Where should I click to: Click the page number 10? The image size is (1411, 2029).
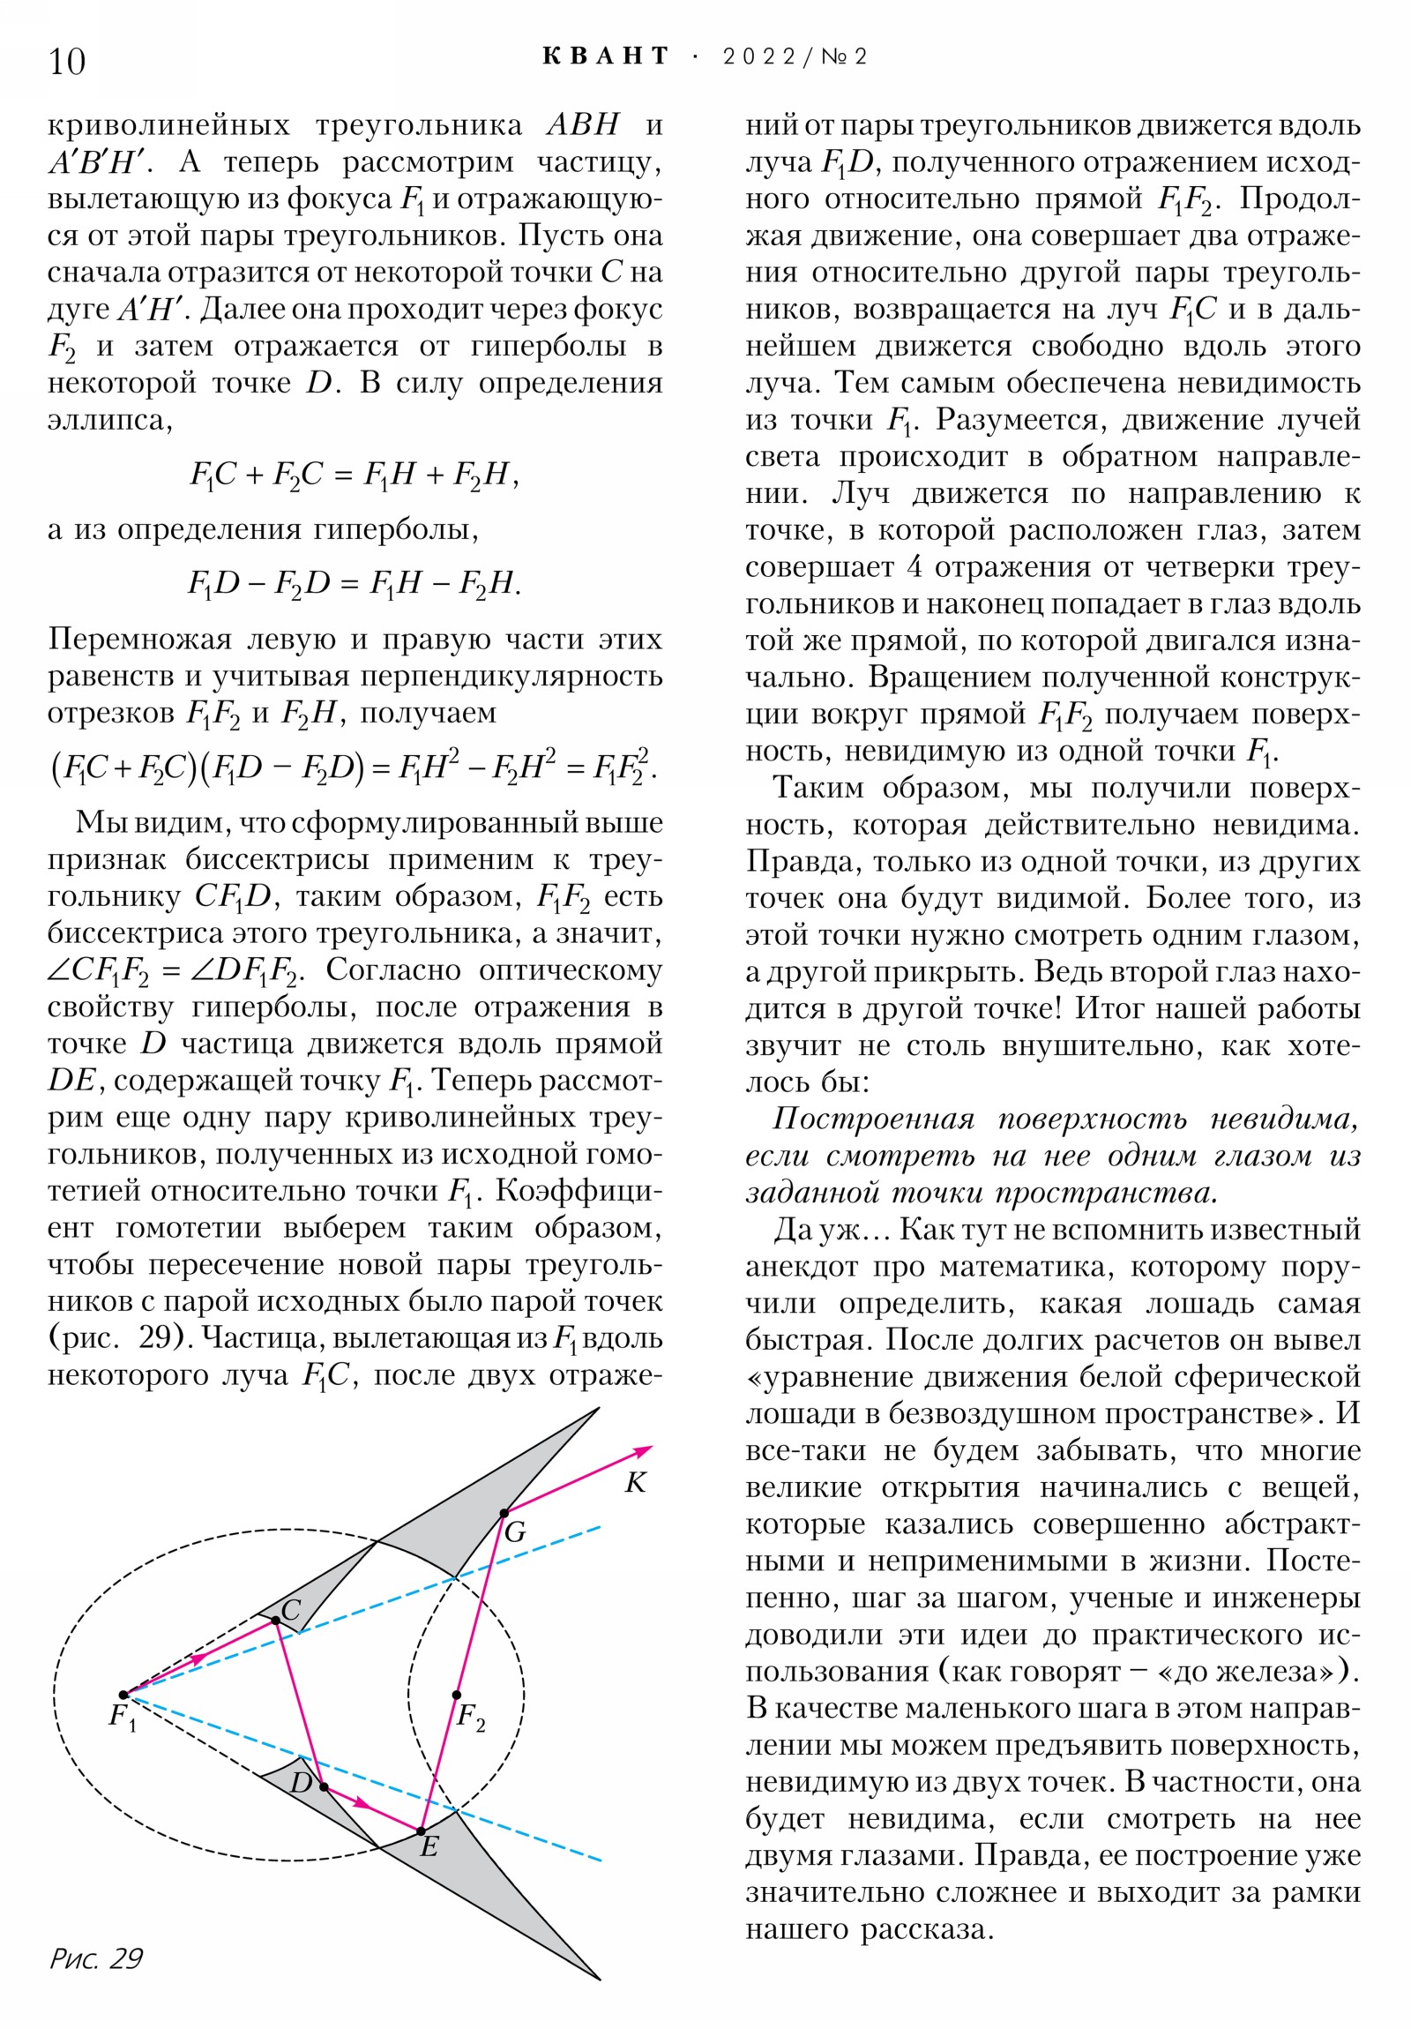[x=67, y=62]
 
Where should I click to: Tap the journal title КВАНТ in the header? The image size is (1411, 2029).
[x=605, y=56]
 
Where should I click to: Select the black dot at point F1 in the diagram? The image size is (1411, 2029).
[x=123, y=1695]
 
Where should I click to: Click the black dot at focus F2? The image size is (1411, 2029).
[x=457, y=1695]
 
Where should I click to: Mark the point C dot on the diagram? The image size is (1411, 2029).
[x=276, y=1620]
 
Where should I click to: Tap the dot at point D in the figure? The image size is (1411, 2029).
[x=324, y=1787]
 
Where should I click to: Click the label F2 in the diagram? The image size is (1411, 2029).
[x=471, y=1718]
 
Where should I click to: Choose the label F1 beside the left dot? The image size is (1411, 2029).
[x=122, y=1718]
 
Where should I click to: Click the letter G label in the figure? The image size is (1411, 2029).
[x=515, y=1533]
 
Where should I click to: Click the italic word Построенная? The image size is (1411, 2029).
[x=873, y=1119]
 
